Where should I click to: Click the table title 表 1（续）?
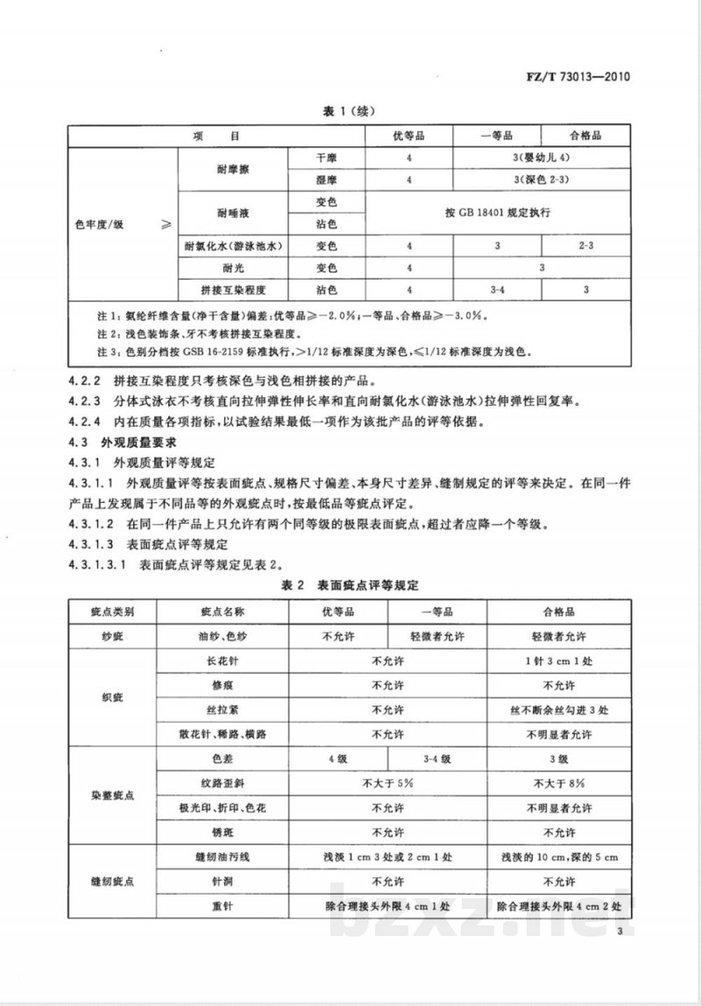[350, 112]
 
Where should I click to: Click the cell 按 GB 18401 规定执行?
[496, 213]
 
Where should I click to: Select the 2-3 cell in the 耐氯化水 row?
[585, 246]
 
